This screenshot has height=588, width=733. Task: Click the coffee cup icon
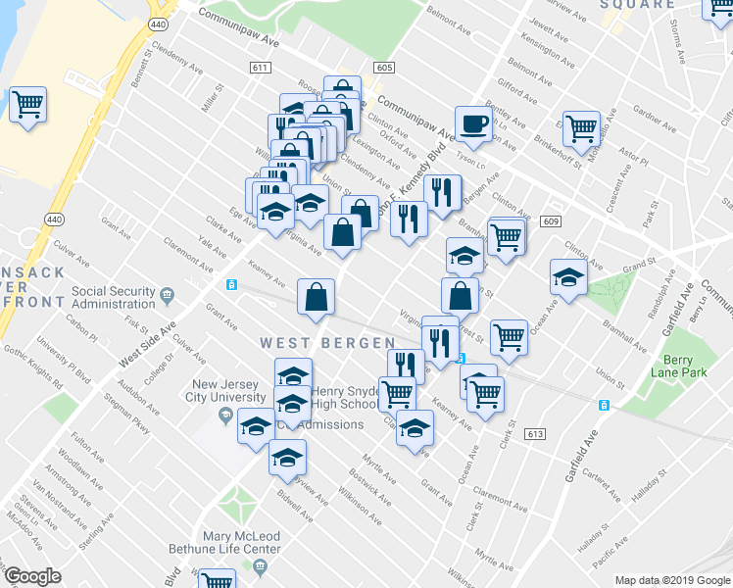(473, 124)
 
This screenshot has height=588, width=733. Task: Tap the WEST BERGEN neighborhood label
(327, 343)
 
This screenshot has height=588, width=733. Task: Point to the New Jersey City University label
(230, 391)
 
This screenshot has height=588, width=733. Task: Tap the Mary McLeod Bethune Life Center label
(241, 543)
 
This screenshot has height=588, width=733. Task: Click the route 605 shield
(383, 68)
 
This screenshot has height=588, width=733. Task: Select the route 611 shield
(260, 68)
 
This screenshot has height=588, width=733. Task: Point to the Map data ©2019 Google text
(671, 580)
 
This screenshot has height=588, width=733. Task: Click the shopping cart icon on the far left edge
(28, 104)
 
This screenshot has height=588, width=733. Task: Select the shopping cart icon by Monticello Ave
(581, 127)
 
